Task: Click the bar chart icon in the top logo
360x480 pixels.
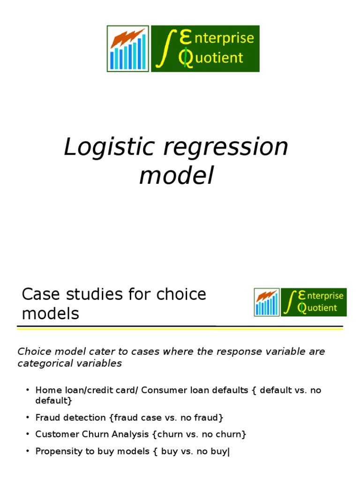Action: click(x=128, y=49)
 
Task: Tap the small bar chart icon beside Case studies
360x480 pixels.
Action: click(x=266, y=302)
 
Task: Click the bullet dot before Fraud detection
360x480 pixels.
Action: click(x=28, y=417)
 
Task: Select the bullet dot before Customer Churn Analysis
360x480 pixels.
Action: click(x=28, y=434)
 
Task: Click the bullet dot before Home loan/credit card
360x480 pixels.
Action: click(x=28, y=390)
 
